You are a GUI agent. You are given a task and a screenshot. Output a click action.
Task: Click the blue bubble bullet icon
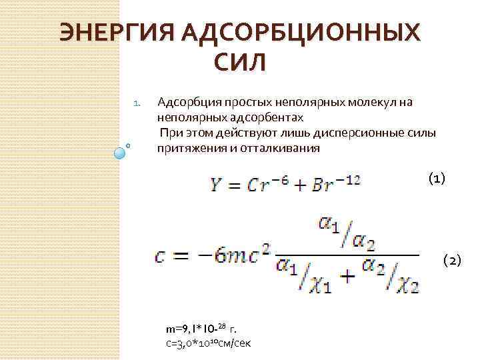121,152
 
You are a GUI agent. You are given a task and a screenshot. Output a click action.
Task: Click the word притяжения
185,149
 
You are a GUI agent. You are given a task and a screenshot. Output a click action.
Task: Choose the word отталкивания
280,149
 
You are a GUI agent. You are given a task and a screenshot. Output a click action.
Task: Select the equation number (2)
451,260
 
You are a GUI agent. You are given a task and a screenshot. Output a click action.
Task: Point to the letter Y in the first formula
216,185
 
